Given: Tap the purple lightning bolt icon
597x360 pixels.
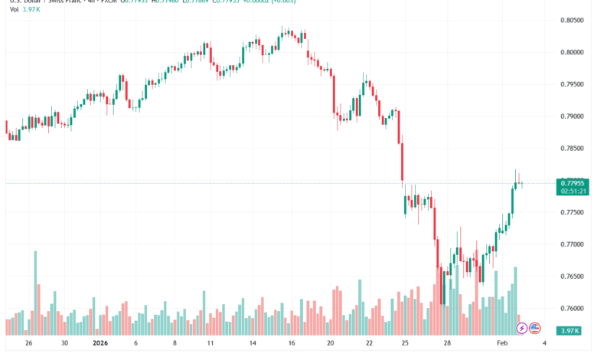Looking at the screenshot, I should point(522,328).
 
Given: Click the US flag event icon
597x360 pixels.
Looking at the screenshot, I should point(534,328).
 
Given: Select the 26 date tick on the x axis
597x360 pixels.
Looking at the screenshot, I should point(29,345).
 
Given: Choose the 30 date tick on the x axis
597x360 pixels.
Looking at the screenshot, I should point(65,345).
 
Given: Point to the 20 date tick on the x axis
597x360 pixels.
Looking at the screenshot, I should point(331,345).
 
